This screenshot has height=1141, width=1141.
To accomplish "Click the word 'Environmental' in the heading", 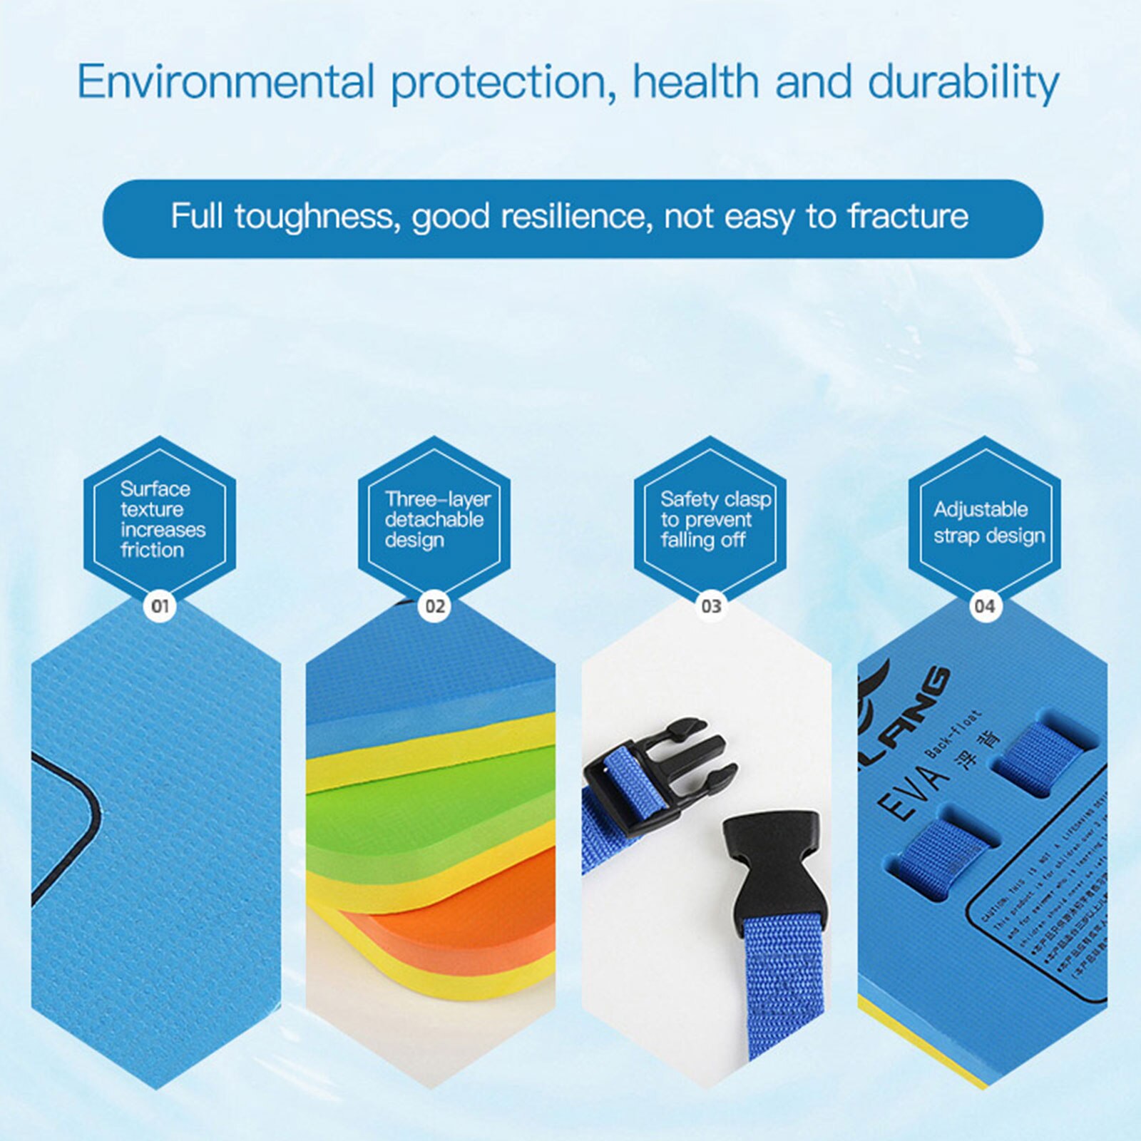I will [225, 82].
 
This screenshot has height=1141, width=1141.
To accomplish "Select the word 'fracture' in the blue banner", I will [908, 216].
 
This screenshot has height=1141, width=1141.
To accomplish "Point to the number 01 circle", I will [160, 606].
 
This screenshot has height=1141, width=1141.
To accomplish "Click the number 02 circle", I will [434, 606].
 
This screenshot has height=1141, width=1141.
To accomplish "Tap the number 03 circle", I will [711, 606].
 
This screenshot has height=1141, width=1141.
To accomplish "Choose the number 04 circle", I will [984, 606].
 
